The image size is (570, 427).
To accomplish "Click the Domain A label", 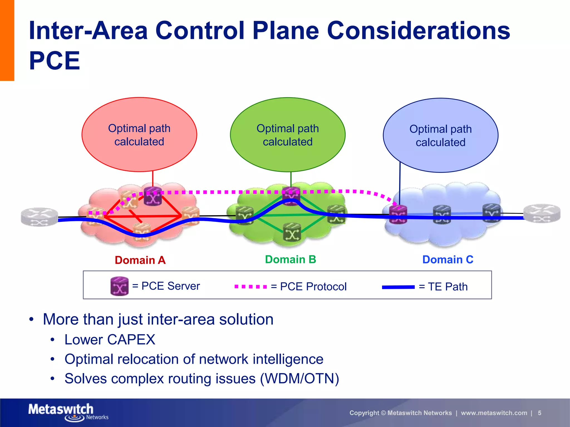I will coord(140,260).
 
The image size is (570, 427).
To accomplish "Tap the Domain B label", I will coord(290,259).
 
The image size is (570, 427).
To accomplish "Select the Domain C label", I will coord(448,260).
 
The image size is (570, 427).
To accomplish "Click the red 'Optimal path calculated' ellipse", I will coord(139,135).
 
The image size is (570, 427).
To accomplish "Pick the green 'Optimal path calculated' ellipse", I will coord(288,135).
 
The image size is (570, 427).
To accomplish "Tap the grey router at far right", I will coord(542,214).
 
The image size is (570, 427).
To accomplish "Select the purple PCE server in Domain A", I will coord(153,196).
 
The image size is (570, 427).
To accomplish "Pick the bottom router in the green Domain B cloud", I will coord(292,232).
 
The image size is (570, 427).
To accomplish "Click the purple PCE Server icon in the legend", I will coord(119,286).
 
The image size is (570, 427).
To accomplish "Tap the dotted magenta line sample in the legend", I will coord(250,287).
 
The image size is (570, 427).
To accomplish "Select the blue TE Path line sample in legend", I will coord(398,287).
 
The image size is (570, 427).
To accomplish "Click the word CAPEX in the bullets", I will coord(131,340).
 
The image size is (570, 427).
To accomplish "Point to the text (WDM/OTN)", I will coord(299,379).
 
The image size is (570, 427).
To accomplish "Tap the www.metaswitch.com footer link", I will coord(494,413).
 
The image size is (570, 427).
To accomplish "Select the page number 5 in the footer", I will coord(539,413).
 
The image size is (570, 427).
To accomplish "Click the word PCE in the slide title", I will coord(55,61).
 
